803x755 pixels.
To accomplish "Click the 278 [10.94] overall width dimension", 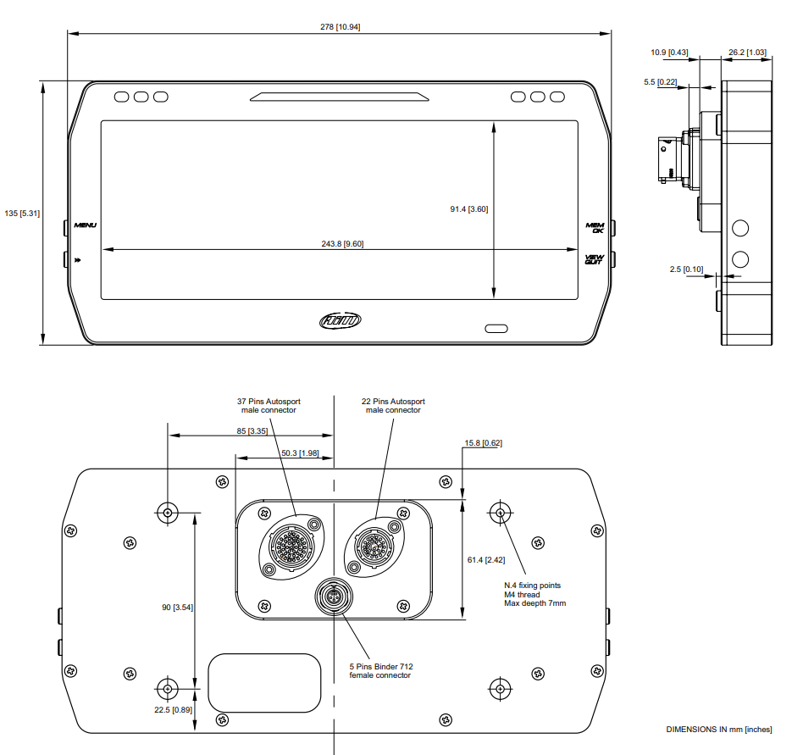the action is point(340,26).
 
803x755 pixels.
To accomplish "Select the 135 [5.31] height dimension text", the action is point(22,213).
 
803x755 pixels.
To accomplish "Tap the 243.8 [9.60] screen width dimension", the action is point(342,244).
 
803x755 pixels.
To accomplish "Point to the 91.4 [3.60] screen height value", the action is point(469,209).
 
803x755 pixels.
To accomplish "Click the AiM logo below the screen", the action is point(340,321).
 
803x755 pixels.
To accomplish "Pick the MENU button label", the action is point(85,225).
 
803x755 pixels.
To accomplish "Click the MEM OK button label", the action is point(595,228).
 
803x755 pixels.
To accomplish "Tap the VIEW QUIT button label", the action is point(594,259).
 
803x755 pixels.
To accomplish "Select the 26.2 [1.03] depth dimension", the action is point(748,53).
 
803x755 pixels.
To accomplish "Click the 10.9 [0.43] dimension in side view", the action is point(669,53).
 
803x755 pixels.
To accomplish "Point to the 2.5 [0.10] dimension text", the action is point(686,269).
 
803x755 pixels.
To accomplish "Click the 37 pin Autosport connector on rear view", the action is point(292,547).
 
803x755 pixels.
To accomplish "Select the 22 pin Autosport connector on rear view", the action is point(374,547).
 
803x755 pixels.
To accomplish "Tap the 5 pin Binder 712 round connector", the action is point(334,597).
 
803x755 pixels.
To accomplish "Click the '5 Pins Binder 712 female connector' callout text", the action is point(381,671).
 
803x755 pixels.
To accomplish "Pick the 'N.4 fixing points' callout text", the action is point(532,586).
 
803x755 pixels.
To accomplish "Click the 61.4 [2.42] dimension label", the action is point(486,560).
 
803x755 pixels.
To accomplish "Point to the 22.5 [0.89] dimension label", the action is point(173,710).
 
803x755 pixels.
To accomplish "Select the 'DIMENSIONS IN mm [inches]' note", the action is point(719,730).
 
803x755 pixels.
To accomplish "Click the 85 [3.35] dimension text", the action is point(252,431).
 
